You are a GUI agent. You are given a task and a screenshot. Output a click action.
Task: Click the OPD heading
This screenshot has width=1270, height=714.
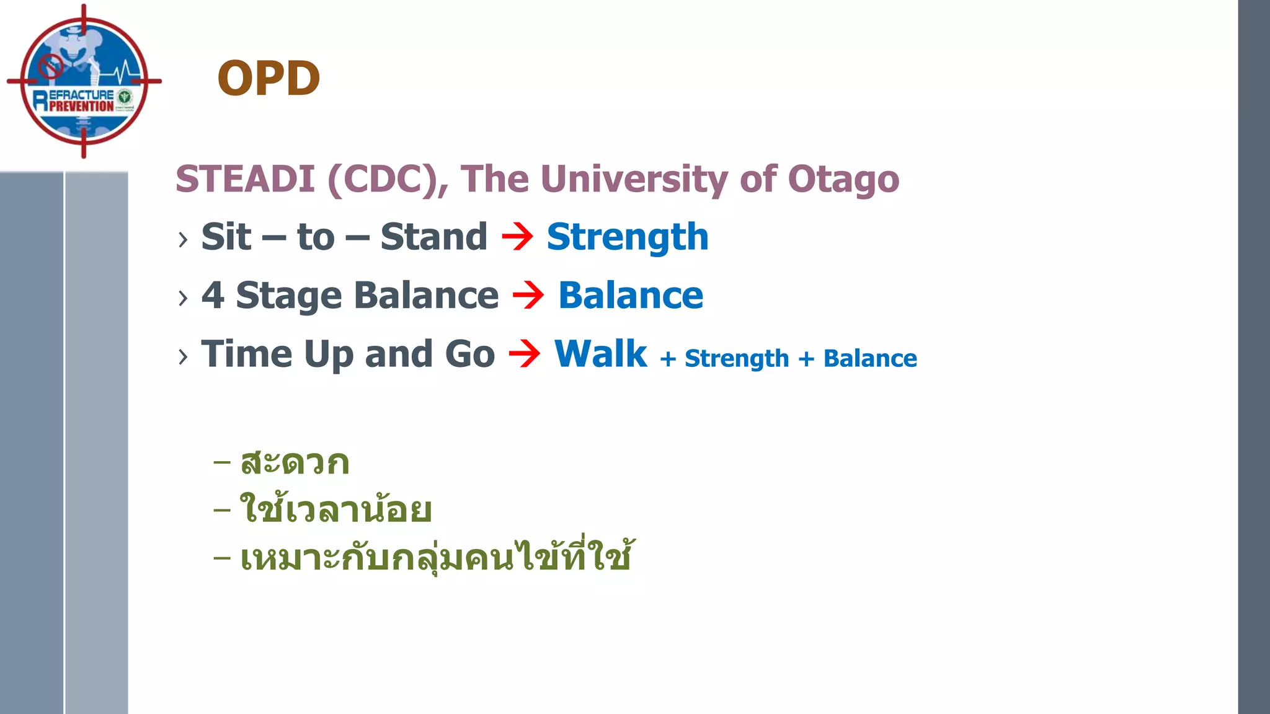coord(269,79)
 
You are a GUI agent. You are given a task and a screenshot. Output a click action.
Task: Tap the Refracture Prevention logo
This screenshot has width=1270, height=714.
coord(84,81)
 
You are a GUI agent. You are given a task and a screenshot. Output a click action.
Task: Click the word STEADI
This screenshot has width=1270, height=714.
coord(246,179)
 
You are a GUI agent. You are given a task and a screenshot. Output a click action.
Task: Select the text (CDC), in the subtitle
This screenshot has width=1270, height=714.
coord(388,179)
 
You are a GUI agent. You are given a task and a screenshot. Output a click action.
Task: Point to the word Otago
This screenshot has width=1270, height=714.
coord(843,179)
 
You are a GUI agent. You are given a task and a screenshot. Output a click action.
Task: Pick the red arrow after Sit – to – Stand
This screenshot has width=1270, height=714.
coord(517,237)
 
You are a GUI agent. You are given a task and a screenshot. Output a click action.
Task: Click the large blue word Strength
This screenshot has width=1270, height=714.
coord(627,237)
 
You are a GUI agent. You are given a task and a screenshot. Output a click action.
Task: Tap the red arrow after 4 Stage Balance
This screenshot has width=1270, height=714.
coord(528,295)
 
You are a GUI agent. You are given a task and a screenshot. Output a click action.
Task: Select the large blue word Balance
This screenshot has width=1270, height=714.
coord(631,295)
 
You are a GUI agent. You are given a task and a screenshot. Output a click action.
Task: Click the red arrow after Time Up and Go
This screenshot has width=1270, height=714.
coord(525,354)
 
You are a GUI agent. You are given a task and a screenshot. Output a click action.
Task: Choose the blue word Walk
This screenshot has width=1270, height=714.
coord(600,354)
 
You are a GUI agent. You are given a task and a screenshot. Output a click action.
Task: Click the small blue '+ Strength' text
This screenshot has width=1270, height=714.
coord(724,359)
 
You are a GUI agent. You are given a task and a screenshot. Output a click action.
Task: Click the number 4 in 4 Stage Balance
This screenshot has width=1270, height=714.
coord(213,295)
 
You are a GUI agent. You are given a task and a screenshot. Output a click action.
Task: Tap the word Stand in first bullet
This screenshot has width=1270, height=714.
coord(433,237)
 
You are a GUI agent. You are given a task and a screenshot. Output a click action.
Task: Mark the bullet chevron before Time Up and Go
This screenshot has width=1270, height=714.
coord(182,356)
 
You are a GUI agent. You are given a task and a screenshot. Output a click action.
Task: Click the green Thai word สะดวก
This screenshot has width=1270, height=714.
coord(295,463)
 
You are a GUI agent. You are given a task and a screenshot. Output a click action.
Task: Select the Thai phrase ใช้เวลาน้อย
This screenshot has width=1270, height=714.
coord(335,509)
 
